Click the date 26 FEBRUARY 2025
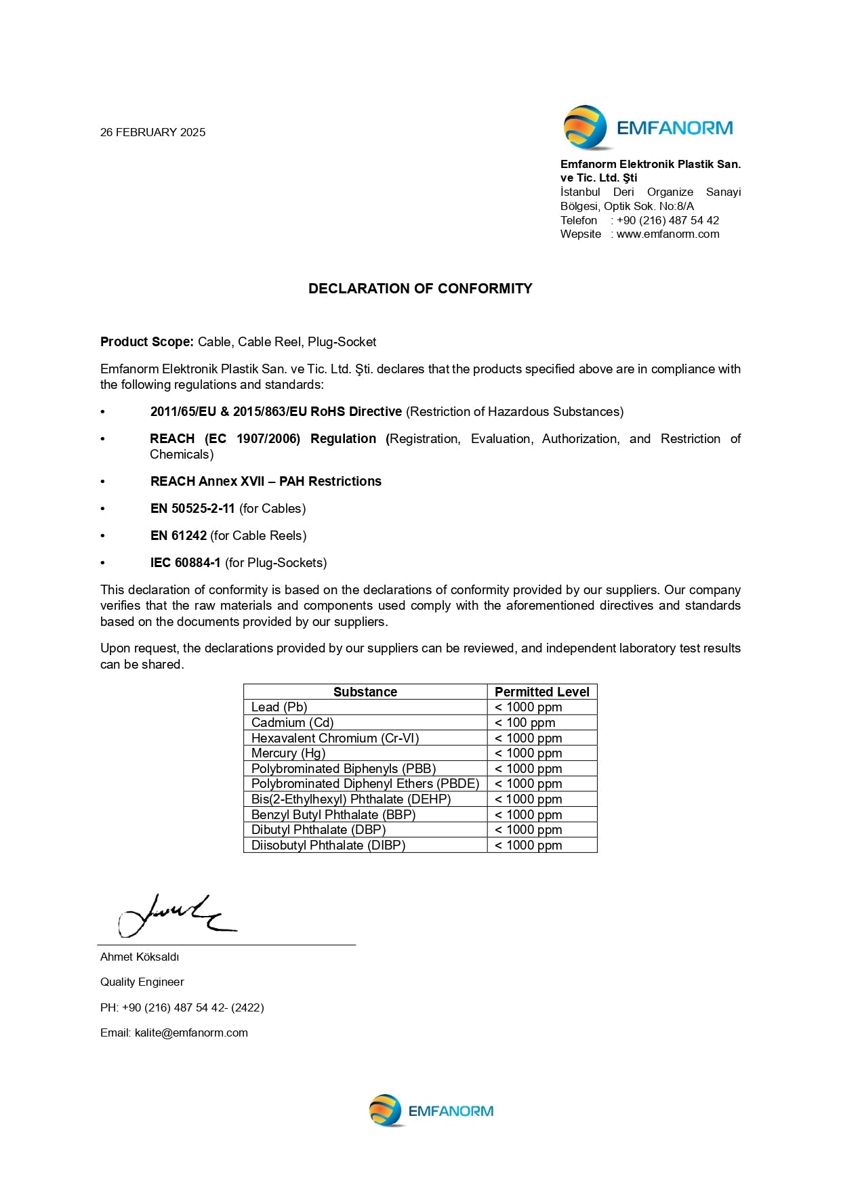click(x=152, y=132)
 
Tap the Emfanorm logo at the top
click(x=647, y=127)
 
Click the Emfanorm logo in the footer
click(x=431, y=1111)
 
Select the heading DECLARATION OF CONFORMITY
click(x=420, y=289)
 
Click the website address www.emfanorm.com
click(x=668, y=234)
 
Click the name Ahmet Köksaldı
click(x=140, y=957)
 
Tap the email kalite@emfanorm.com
click(x=191, y=1032)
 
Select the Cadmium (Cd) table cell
click(x=292, y=723)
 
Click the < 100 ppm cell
click(x=525, y=723)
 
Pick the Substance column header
click(x=365, y=692)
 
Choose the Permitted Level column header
click(x=541, y=692)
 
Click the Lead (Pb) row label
click(x=279, y=707)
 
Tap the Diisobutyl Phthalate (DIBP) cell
click(x=328, y=845)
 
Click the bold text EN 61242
click(x=178, y=536)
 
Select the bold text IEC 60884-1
click(x=185, y=563)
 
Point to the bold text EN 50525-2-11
click(x=192, y=509)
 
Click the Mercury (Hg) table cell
click(x=288, y=753)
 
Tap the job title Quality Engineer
click(x=142, y=982)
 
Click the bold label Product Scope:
click(x=147, y=342)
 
